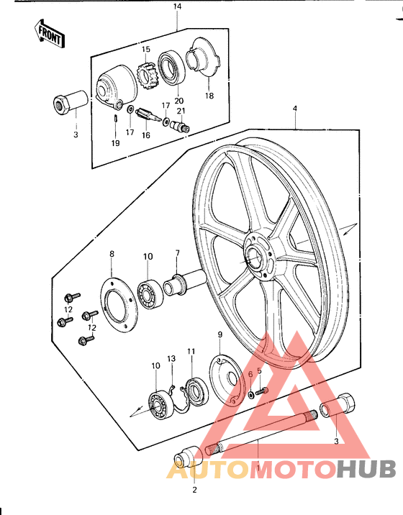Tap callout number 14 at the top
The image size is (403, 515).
tap(178, 7)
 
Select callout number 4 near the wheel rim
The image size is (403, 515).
tap(294, 109)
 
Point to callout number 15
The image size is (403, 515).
tap(145, 49)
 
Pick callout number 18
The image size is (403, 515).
tap(209, 95)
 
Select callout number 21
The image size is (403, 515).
tap(182, 110)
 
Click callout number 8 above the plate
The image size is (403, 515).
tap(112, 254)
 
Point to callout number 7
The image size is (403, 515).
tap(178, 252)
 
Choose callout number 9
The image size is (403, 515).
tap(221, 334)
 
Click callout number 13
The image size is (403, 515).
tap(171, 359)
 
